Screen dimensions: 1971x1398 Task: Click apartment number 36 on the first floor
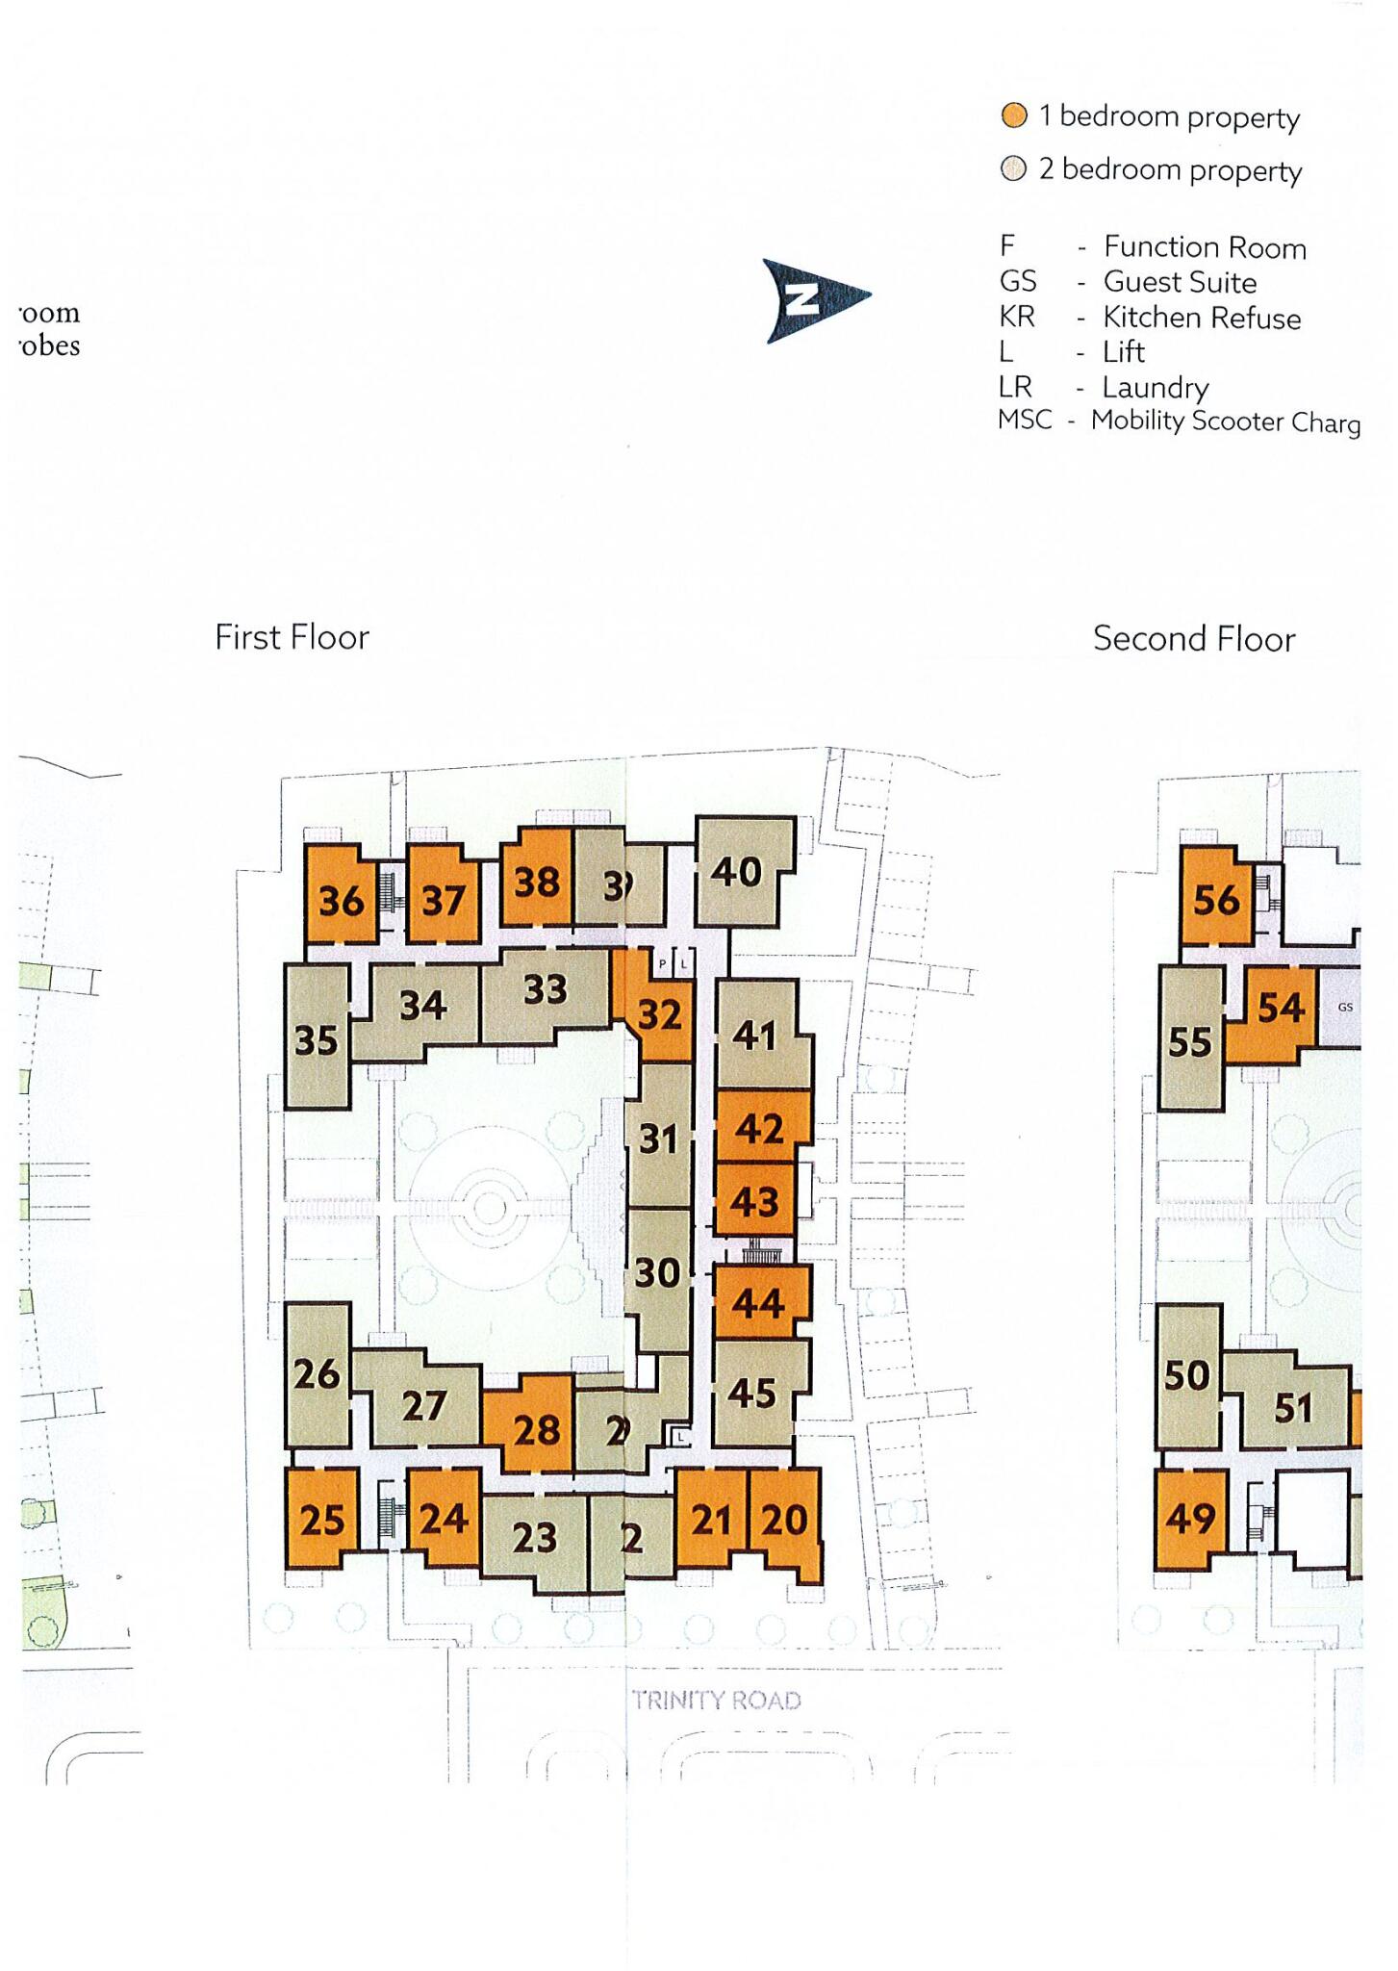click(341, 901)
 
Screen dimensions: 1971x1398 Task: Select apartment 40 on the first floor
click(737, 872)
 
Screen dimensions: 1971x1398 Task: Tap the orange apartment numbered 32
click(660, 1014)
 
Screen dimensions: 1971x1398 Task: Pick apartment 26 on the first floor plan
click(317, 1373)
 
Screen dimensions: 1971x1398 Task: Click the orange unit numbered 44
click(758, 1303)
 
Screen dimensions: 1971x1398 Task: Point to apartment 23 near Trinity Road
click(534, 1537)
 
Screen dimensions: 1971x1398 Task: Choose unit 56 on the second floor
click(1216, 900)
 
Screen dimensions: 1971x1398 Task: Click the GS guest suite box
click(1344, 1008)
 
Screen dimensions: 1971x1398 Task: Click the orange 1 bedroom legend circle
click(1014, 116)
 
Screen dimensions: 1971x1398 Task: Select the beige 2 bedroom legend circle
click(1014, 169)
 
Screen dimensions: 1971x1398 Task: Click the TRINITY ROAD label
click(717, 1700)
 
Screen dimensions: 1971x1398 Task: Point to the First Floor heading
click(292, 637)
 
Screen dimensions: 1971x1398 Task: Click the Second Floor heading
click(1194, 639)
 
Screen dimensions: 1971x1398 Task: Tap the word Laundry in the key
click(1155, 387)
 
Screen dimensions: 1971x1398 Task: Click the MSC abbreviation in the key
click(1025, 421)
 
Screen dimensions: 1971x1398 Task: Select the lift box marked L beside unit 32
click(684, 963)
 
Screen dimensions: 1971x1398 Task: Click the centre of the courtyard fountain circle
click(490, 1209)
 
